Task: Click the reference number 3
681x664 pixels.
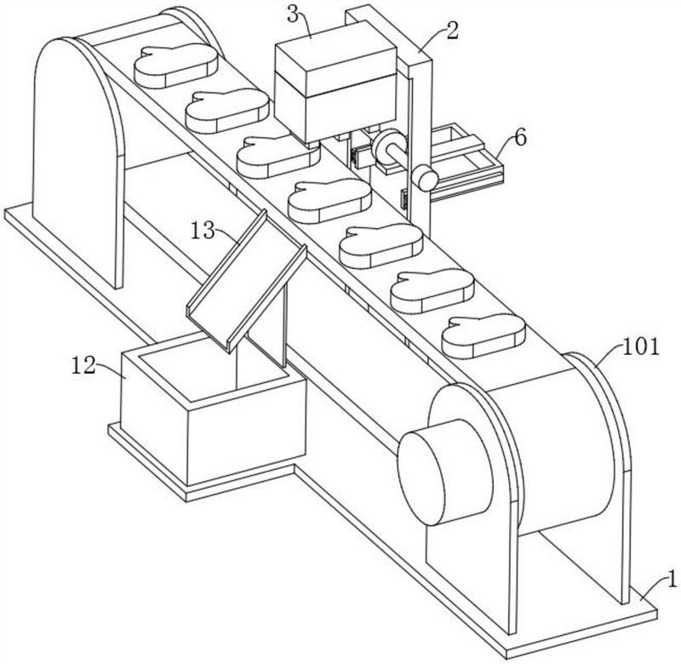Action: coord(294,15)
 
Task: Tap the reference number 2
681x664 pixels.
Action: coord(452,31)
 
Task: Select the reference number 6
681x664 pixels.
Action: coord(520,138)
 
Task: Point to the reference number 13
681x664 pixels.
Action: coord(203,231)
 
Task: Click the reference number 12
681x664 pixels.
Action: coord(83,366)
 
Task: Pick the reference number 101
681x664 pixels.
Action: coord(641,346)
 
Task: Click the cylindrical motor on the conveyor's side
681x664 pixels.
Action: coord(445,472)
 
